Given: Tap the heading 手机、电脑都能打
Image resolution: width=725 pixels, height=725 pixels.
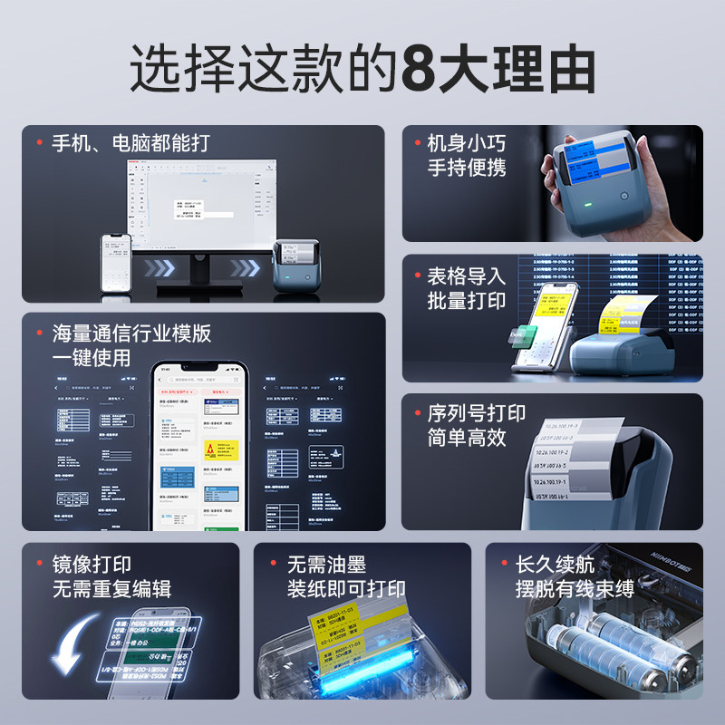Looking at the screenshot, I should tap(130, 143).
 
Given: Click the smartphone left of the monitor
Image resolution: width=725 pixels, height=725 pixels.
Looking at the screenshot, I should tap(116, 262).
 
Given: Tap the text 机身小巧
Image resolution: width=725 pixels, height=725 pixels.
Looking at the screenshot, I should tap(466, 143).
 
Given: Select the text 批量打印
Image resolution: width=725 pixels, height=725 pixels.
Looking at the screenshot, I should tap(466, 301).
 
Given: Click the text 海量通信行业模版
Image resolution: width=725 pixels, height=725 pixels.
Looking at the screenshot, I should tap(130, 333).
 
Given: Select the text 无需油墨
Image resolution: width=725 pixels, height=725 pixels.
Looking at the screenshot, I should tap(326, 565).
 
